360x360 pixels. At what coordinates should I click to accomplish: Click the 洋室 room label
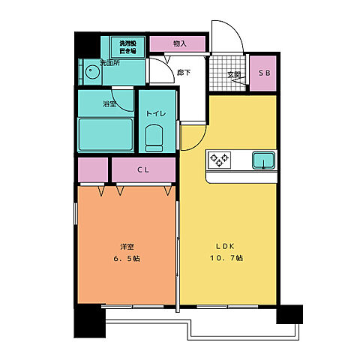pos(127,247)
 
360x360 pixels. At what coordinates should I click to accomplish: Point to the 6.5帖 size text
pos(127,259)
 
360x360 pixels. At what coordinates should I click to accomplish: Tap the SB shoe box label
pos(263,73)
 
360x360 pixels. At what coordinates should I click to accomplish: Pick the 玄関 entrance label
pos(235,73)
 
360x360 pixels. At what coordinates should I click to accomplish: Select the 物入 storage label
pos(179,43)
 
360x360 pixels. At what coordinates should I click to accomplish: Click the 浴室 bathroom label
pos(109,103)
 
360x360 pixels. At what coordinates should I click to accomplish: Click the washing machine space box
pos(128,46)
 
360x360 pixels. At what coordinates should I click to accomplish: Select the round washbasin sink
pos(91,73)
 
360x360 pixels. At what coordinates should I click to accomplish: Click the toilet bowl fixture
pos(155,136)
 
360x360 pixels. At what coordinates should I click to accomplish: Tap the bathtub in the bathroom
pos(105,133)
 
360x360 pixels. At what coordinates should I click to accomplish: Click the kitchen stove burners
pos(220,159)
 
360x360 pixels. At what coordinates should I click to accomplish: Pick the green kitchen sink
pos(263,160)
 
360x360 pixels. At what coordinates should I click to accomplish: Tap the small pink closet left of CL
pos(92,170)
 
